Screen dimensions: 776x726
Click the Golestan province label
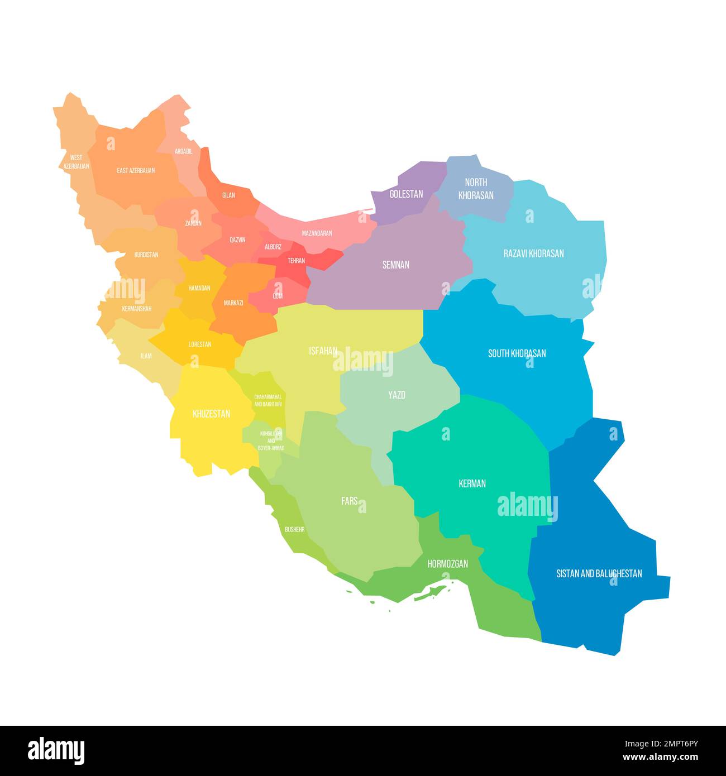(406, 194)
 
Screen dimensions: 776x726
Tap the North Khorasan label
(476, 189)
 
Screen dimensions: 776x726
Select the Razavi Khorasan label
(533, 253)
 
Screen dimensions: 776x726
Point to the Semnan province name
(395, 265)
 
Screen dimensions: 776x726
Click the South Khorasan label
(517, 353)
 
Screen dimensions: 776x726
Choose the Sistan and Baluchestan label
(599, 573)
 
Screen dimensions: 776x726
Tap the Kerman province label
(472, 483)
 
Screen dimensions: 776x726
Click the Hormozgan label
(447, 564)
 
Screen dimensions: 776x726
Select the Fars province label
(349, 501)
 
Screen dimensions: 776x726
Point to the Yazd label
(397, 395)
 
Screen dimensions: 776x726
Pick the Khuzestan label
(211, 414)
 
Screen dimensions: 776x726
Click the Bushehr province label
(294, 529)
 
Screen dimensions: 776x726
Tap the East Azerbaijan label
(136, 170)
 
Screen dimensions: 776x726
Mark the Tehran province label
(296, 261)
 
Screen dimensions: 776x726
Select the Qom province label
(277, 296)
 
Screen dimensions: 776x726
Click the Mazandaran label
(317, 233)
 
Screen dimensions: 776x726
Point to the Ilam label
(146, 356)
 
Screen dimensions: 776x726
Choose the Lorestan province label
(199, 344)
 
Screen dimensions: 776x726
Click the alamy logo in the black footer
(56, 750)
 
